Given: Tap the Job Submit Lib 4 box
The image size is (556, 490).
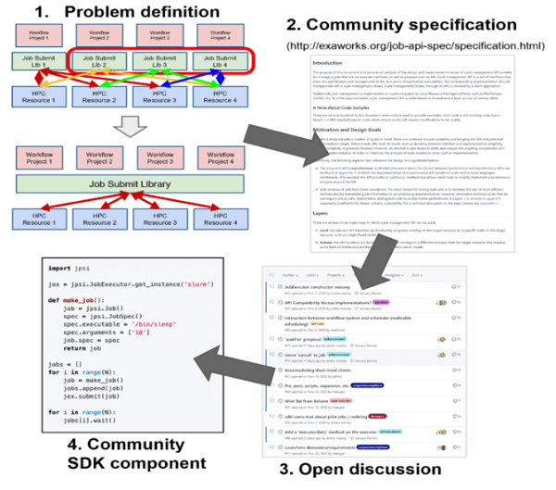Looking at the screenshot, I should [x=234, y=63].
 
